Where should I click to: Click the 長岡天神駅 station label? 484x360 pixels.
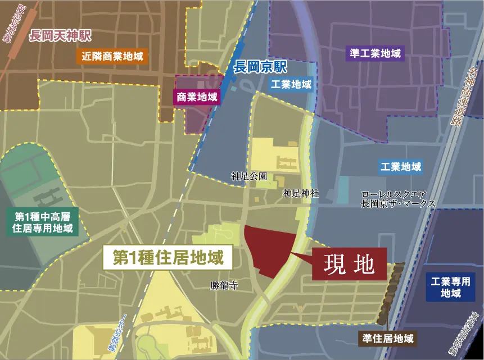[60, 37]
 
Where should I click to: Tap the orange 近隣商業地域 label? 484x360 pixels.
[112, 56]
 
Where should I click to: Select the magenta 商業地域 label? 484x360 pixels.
[197, 97]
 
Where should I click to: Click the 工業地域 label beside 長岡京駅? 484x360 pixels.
[291, 85]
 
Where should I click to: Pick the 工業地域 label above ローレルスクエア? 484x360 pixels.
[400, 167]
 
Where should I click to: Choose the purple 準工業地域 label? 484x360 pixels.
[375, 54]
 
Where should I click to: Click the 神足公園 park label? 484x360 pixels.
[248, 176]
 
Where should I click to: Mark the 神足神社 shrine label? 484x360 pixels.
[301, 194]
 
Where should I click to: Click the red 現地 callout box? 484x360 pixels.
[350, 264]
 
